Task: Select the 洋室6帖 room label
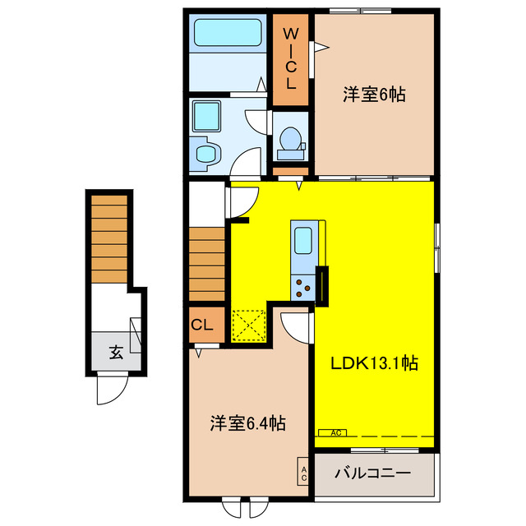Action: tap(373, 95)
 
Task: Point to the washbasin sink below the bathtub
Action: tap(205, 153)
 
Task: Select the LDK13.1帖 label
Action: tap(375, 362)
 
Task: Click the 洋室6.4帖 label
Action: tap(247, 424)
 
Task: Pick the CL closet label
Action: tap(202, 325)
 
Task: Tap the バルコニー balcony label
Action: tap(374, 473)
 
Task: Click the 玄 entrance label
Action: tap(116, 353)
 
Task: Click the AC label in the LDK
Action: tap(335, 431)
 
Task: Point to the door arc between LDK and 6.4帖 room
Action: tap(296, 326)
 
